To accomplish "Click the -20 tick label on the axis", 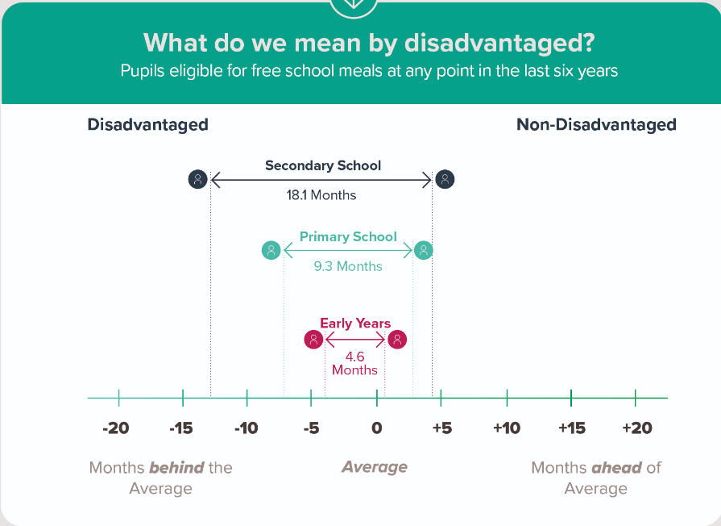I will [116, 428].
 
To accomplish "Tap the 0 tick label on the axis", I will [376, 428].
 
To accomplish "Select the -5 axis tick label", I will [310, 428].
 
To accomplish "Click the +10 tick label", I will [507, 428].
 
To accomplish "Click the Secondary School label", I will [323, 165].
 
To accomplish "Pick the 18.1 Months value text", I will [322, 194].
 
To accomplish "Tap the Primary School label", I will [348, 236].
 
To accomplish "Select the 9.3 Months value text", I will [348, 266].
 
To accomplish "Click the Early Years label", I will [355, 324].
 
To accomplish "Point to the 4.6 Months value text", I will [354, 363].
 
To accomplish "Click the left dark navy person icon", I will [198, 179].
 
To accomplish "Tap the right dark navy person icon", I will [445, 179].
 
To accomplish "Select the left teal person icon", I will [271, 250].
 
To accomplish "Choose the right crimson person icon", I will [396, 339].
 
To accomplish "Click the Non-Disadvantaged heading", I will [596, 125].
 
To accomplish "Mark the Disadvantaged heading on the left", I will [147, 125].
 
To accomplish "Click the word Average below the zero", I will [375, 467].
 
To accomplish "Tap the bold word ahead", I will [616, 467].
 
